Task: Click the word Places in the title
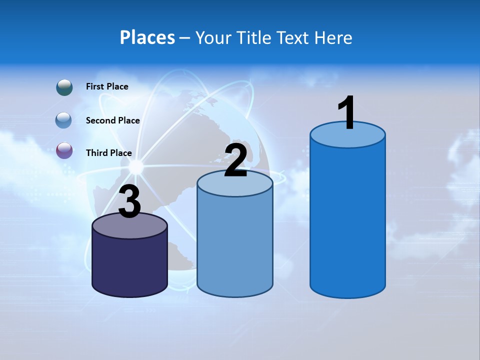[147, 37]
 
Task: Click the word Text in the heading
[294, 37]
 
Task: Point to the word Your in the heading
[213, 37]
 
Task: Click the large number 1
[347, 113]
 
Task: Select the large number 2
[235, 160]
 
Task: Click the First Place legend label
[107, 86]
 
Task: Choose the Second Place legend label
[112, 120]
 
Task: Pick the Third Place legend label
[108, 153]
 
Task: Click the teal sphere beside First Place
[64, 87]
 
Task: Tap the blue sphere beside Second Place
[63, 120]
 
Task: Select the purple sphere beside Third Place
[64, 150]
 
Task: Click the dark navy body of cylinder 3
[129, 265]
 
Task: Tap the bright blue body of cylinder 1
[347, 220]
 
